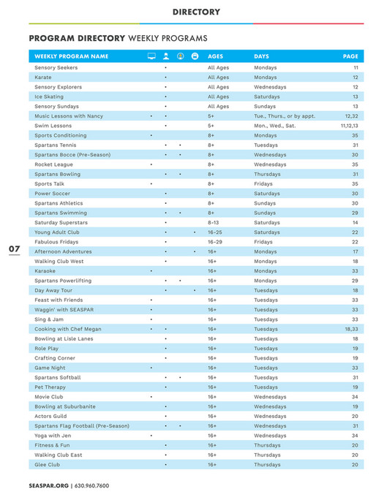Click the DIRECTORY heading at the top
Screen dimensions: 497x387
196,12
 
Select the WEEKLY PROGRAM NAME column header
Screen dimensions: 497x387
71,56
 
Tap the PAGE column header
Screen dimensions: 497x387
350,56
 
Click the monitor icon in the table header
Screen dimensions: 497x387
151,56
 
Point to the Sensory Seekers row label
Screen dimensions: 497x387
56,67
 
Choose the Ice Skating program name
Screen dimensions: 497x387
48,96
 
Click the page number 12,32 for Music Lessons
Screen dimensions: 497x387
350,115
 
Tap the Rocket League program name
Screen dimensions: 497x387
53,164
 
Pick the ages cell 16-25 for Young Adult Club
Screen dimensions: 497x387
215,232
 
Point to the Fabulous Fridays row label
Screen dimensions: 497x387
57,242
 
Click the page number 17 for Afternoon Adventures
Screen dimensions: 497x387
355,251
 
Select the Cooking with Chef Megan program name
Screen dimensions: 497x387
68,329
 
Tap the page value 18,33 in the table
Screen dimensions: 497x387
350,329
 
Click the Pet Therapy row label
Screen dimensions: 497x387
50,387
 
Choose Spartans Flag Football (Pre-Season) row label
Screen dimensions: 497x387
81,425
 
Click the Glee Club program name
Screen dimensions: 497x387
48,464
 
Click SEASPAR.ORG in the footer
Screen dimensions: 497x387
48,485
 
